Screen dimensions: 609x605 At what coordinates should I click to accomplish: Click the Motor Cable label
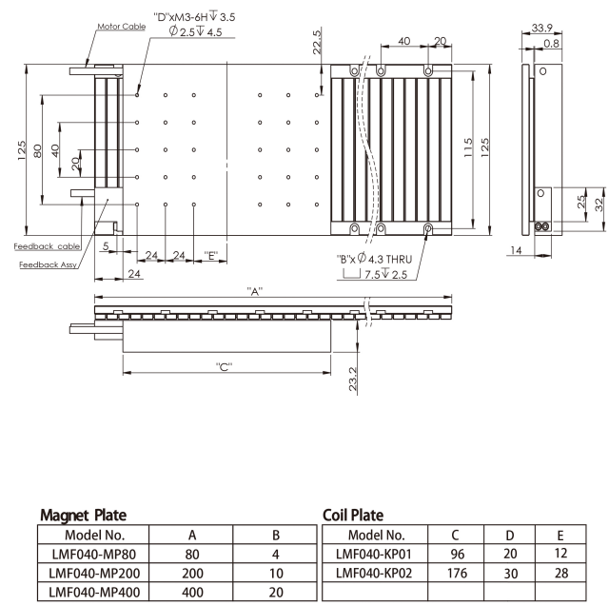click(121, 27)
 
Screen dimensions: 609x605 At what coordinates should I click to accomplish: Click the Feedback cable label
click(47, 246)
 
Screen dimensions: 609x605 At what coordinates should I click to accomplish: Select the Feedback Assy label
click(48, 264)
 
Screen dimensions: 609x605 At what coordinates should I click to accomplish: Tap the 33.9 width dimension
click(541, 28)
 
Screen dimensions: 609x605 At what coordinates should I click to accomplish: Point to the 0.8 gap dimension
click(552, 43)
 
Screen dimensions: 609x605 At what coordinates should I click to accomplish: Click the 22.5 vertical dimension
click(317, 42)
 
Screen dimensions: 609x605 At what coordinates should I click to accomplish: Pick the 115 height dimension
click(468, 147)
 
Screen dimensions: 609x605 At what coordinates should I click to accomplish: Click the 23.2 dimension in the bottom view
click(353, 379)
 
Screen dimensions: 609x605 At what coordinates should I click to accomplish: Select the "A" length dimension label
click(255, 291)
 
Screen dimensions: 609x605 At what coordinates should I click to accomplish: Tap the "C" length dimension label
click(225, 366)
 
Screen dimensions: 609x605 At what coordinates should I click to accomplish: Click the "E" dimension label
click(211, 256)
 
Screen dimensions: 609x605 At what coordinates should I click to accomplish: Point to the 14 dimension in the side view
click(516, 250)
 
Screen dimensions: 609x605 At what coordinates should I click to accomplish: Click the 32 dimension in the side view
click(599, 205)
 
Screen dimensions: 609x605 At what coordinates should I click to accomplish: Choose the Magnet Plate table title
click(84, 515)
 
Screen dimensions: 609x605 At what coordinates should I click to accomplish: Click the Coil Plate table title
click(353, 515)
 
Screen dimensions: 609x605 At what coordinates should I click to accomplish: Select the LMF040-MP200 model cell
click(93, 573)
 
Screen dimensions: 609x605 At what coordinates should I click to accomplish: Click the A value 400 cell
click(191, 592)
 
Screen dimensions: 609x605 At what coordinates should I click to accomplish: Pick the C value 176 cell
click(457, 573)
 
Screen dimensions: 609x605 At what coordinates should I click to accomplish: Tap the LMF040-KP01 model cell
click(374, 554)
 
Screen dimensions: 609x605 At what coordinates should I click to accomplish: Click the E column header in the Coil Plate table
click(560, 536)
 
